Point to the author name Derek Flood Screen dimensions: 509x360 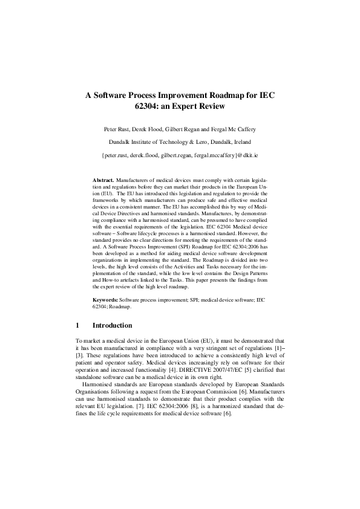coord(154,129)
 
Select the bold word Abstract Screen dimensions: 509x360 coord(103,181)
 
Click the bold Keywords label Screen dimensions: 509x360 coord(105,300)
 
